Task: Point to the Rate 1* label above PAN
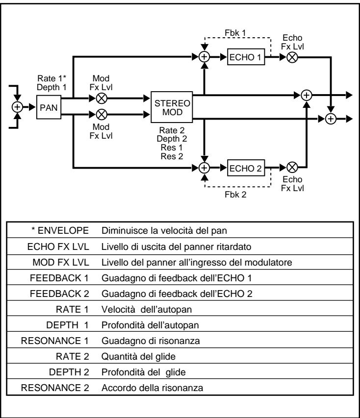click(x=48, y=77)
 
